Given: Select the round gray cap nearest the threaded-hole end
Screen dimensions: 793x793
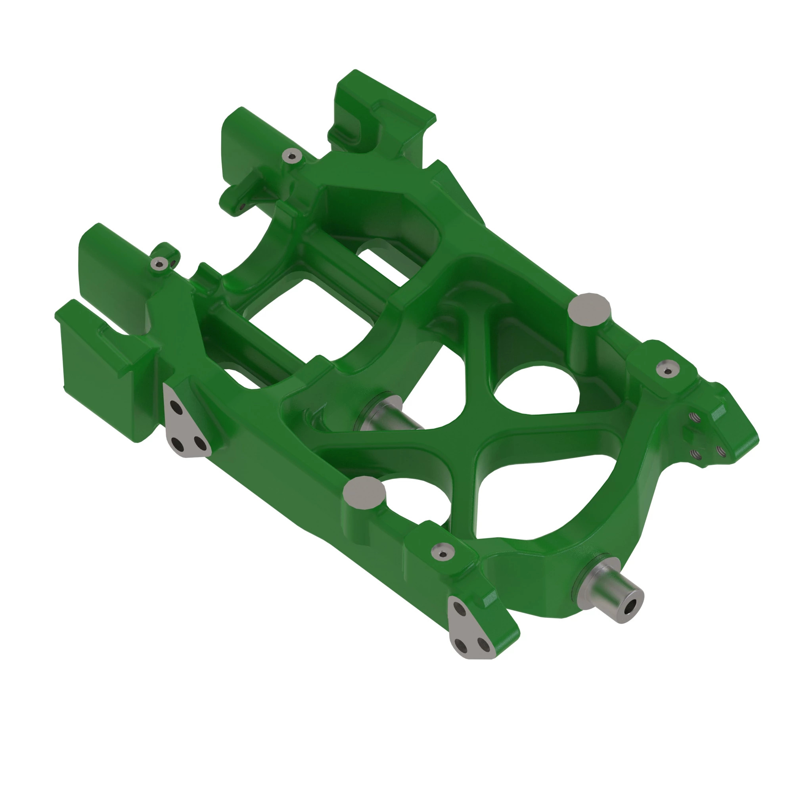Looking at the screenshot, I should pyautogui.click(x=590, y=310).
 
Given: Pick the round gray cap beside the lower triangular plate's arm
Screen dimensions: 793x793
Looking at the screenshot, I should pyautogui.click(x=364, y=492).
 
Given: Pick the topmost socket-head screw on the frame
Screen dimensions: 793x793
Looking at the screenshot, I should pyautogui.click(x=292, y=156).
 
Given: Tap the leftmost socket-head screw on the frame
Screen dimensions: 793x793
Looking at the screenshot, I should pyautogui.click(x=159, y=263).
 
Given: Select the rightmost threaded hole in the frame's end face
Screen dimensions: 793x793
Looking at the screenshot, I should pyautogui.click(x=720, y=450).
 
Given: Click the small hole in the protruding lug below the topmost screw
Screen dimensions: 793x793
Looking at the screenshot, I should pyautogui.click(x=242, y=206).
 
